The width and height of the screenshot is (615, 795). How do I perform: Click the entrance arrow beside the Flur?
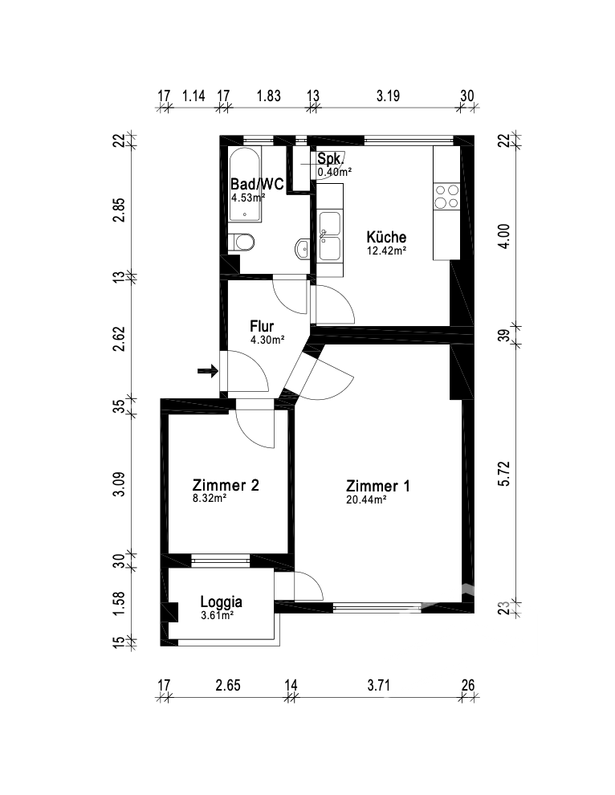208,371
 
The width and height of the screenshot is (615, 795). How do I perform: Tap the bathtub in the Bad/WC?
246,185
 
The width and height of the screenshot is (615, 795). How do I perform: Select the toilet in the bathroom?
242,243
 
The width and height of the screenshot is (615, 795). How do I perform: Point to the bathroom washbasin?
302,249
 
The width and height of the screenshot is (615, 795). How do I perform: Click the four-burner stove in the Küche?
446,197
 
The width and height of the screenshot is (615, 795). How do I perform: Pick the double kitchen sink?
329,236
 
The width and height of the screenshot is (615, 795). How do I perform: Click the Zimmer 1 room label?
377,486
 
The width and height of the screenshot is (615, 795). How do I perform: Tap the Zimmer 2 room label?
226,485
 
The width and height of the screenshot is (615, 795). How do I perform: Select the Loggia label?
221,602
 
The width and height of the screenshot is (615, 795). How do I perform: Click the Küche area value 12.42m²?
386,251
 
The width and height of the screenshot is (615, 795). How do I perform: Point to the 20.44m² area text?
367,499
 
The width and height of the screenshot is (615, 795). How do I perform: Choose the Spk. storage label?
329,159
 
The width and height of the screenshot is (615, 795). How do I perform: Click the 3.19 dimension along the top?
388,96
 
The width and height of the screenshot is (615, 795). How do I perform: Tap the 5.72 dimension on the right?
504,474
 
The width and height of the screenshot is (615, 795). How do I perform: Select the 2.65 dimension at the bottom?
228,686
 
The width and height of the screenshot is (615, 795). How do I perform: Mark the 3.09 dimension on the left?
118,484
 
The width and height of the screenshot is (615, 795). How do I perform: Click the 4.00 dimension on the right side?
504,236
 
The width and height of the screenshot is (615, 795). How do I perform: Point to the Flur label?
262,326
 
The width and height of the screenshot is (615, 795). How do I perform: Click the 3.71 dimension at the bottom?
378,686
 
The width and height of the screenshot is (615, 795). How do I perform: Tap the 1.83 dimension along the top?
268,96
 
